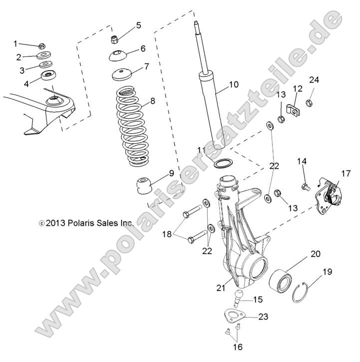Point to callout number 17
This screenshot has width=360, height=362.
[347, 174]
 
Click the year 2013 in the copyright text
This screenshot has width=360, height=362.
[55, 224]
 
